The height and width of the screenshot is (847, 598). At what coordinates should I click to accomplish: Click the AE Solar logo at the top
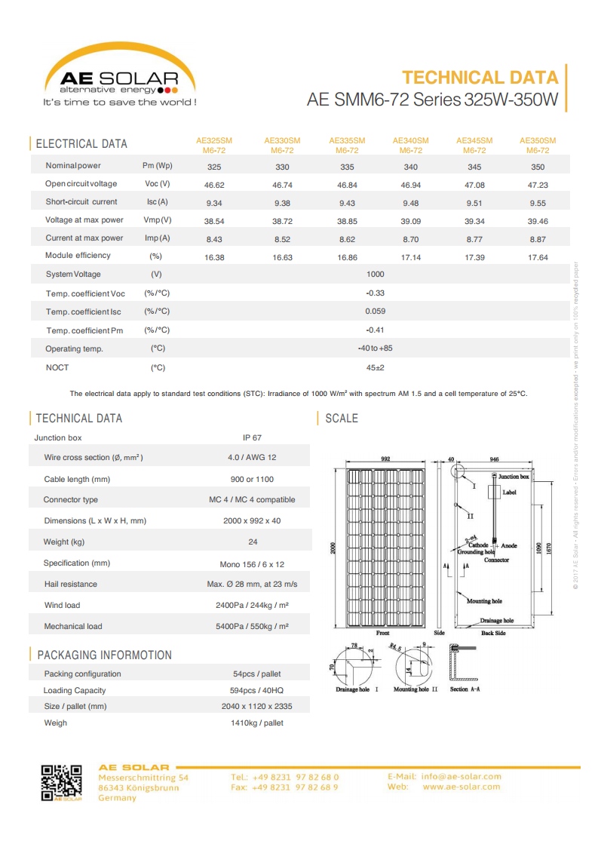[x=119, y=75]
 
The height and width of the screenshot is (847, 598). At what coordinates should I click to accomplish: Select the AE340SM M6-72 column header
[x=410, y=146]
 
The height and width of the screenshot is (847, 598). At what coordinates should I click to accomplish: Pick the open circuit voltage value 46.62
[x=214, y=184]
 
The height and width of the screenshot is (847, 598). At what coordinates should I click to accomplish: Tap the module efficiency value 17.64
[x=537, y=257]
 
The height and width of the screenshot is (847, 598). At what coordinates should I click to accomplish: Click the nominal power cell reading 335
[x=347, y=167]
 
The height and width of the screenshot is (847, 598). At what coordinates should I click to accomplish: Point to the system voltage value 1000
[x=375, y=275]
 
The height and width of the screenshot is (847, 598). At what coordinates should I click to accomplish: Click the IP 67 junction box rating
[x=252, y=437]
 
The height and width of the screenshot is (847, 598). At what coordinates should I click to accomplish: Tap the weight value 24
[x=252, y=542]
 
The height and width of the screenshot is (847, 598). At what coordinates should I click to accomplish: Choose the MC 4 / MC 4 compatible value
[x=252, y=500]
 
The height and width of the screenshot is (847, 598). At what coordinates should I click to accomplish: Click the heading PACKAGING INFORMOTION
[x=104, y=655]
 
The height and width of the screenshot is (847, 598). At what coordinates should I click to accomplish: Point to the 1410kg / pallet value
[x=256, y=723]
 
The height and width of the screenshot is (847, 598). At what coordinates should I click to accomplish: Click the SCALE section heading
[x=341, y=419]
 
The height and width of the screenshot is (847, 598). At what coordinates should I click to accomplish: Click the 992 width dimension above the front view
[x=385, y=459]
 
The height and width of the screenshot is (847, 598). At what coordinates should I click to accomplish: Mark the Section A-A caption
[x=465, y=690]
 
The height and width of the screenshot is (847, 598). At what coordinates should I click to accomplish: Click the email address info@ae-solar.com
[x=461, y=776]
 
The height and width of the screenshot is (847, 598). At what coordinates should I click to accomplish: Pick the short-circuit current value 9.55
[x=537, y=202]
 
